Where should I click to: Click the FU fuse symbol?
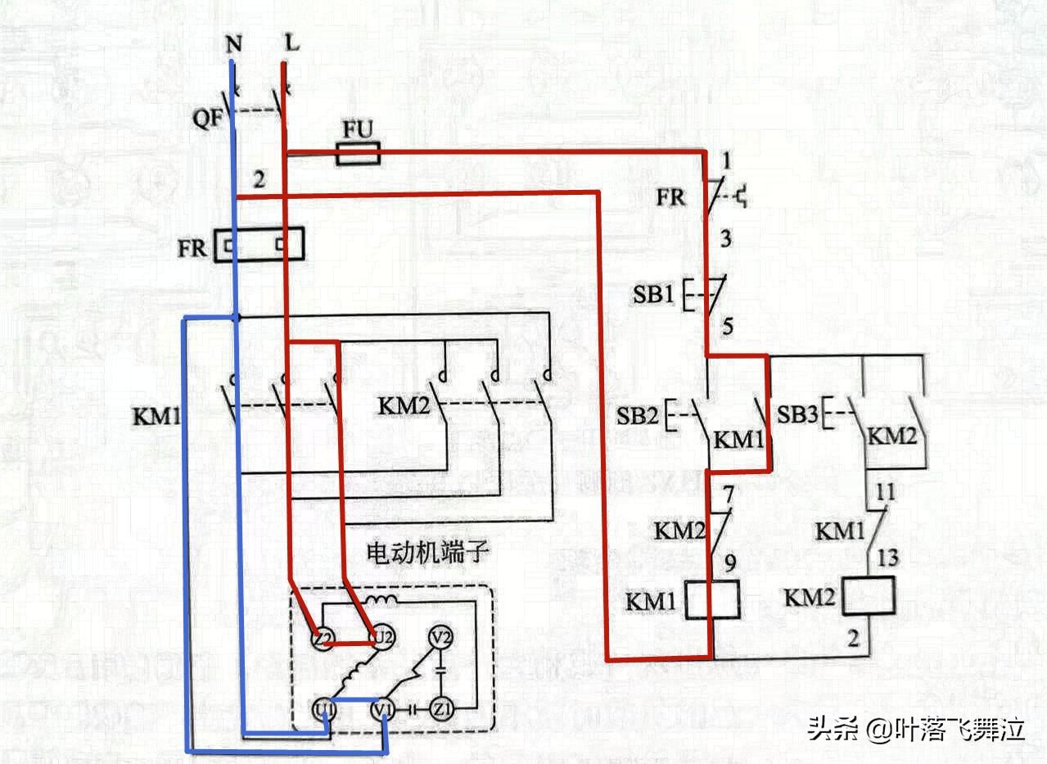[358, 153]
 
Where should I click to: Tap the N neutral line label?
[233, 43]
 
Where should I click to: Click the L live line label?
[291, 42]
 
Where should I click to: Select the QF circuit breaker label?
[208, 118]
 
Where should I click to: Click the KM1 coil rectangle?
[711, 600]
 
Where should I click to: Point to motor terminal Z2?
[323, 637]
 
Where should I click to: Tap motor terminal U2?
[381, 637]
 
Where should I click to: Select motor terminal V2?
[442, 637]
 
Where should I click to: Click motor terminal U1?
[323, 707]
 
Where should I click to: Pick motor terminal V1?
[382, 707]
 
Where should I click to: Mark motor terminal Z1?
[442, 707]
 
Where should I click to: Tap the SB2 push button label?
[637, 416]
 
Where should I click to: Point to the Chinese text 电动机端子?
[428, 554]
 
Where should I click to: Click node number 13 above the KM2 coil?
[887, 558]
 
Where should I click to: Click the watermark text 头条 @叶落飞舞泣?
[916, 728]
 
